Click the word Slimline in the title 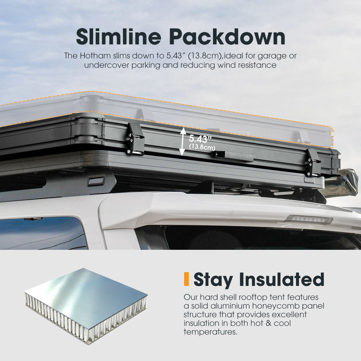point(118,37)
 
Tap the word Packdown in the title point(227,37)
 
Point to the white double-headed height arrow point(183,142)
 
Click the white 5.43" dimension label point(200,139)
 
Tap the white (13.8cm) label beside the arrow point(202,147)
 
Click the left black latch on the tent point(135,139)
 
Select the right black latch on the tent point(313,162)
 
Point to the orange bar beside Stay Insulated point(186,279)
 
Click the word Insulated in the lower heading point(282,279)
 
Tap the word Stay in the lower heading point(213,280)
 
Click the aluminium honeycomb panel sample point(86,306)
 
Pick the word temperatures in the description point(210,332)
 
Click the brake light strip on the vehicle point(309,219)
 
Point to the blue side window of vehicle point(44,233)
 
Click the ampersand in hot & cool point(269,323)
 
